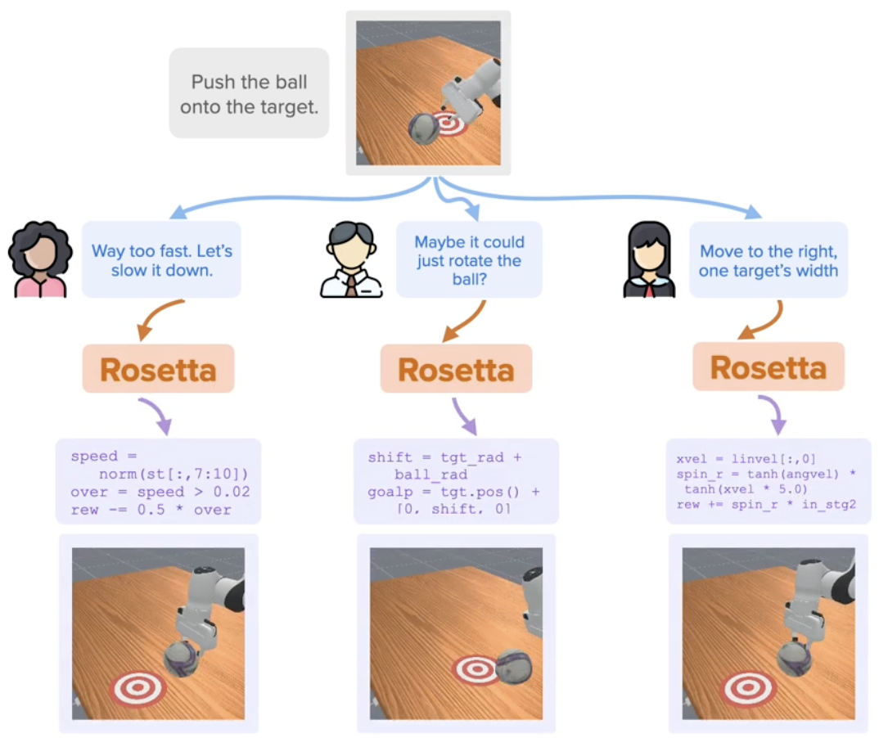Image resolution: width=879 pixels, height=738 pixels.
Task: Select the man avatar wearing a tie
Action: point(350,259)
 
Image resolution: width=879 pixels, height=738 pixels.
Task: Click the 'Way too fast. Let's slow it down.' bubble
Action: point(161,259)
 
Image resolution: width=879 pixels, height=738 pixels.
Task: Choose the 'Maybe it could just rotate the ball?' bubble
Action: point(469,259)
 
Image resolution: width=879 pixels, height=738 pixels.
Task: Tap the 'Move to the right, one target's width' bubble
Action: point(769,259)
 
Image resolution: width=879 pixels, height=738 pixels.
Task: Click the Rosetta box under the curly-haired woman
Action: point(159,369)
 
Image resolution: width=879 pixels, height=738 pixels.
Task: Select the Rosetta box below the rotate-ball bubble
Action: point(456,369)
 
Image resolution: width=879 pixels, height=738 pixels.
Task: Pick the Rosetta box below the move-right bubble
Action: point(769,367)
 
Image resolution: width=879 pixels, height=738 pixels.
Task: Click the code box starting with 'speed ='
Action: point(158,481)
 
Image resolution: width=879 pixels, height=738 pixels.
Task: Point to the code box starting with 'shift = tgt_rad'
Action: point(456,481)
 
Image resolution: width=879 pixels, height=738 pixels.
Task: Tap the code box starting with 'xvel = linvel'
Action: point(769,481)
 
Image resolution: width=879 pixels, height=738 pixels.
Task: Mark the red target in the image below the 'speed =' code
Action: point(138,687)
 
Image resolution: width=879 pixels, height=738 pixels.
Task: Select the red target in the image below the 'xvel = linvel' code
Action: point(747,687)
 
